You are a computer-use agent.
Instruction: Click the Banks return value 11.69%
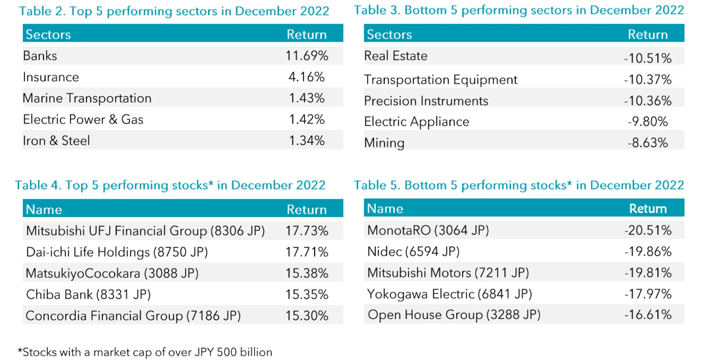click(307, 56)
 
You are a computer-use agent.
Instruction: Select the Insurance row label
click(51, 77)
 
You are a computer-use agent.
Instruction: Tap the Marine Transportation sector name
click(87, 98)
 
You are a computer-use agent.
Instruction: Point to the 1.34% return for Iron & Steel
click(307, 141)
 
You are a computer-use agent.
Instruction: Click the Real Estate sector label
click(395, 56)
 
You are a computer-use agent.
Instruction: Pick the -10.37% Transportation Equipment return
click(648, 80)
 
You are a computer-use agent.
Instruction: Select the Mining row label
click(384, 143)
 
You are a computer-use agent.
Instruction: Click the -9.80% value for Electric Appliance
click(648, 121)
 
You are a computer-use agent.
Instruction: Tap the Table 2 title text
click(174, 11)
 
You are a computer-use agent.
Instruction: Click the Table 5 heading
click(518, 185)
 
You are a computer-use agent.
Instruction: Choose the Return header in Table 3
click(648, 34)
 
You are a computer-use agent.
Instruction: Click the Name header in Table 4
click(44, 210)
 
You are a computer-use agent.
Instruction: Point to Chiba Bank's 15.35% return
click(307, 294)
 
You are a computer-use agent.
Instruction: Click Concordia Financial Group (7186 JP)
click(133, 316)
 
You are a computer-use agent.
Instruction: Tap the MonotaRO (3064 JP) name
click(428, 230)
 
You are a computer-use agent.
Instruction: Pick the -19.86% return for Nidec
click(648, 252)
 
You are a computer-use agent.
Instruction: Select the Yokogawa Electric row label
click(449, 294)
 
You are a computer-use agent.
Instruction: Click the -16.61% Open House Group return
click(648, 315)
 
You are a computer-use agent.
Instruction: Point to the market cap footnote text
click(145, 352)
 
